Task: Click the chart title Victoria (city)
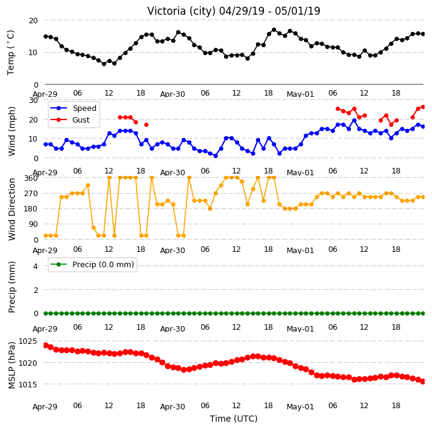tap(182, 11)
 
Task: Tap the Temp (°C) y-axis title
tap(10, 52)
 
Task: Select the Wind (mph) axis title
tap(11, 131)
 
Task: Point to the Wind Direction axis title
tap(11, 209)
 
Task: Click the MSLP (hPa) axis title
tap(11, 365)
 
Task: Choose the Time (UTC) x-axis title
tap(234, 419)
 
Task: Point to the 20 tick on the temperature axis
tap(33, 21)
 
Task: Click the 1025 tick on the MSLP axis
tap(28, 341)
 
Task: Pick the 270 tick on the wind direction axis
tap(31, 194)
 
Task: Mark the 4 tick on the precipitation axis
tap(36, 266)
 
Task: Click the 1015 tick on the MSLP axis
tap(28, 384)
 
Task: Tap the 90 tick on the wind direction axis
tap(33, 224)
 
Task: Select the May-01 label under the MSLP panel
tap(300, 407)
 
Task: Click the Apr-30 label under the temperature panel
tap(172, 94)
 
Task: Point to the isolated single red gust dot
tap(146, 124)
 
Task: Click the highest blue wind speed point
tap(354, 121)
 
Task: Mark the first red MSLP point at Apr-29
tap(46, 346)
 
